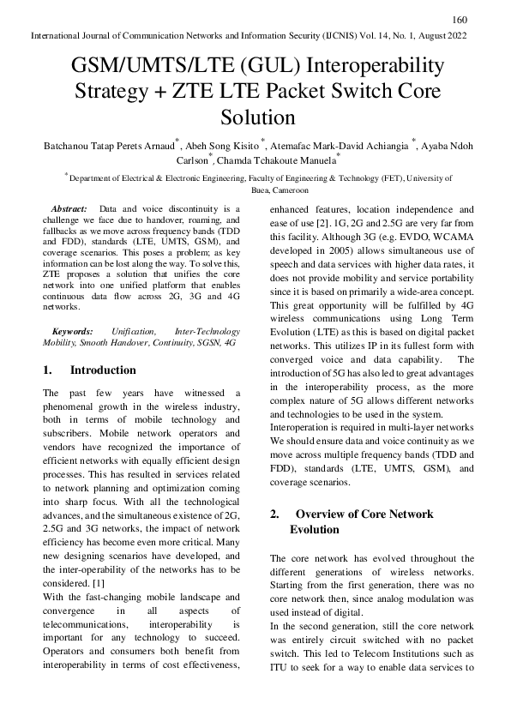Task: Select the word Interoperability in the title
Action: (376, 66)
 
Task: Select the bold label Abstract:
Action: (69, 209)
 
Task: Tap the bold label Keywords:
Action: (71, 330)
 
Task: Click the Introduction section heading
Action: (103, 370)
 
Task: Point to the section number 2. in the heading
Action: (275, 514)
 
